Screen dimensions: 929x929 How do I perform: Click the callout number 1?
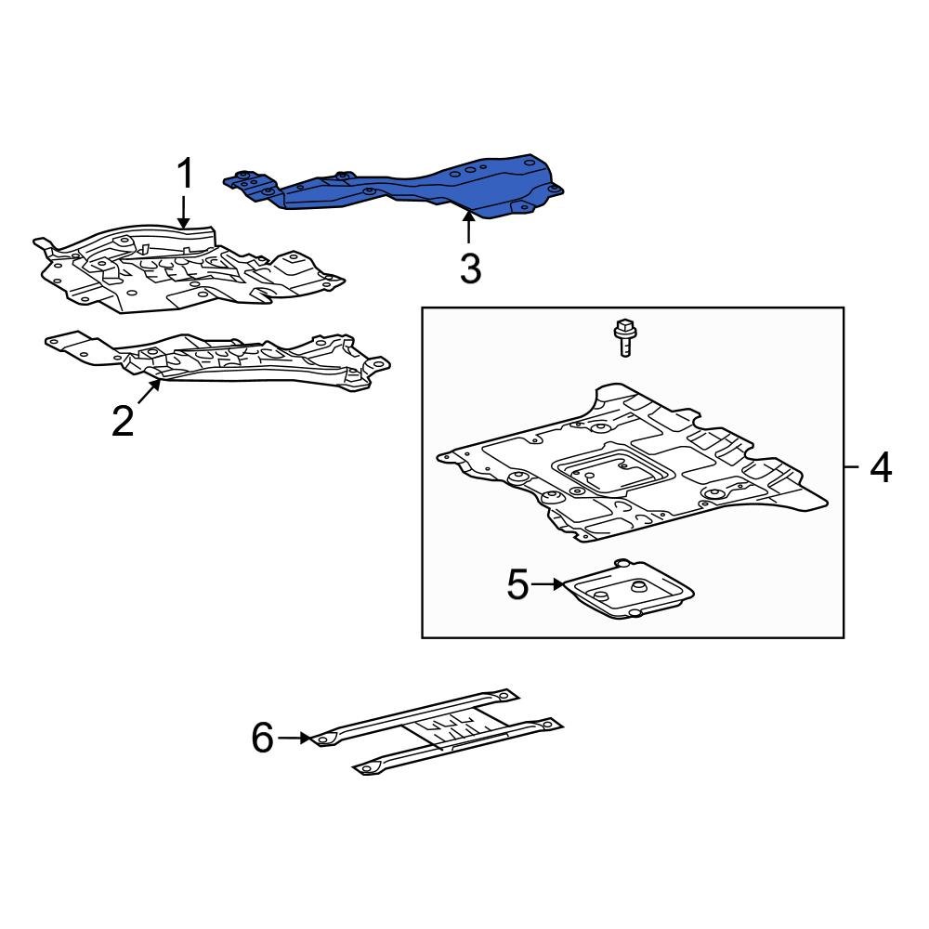click(x=185, y=175)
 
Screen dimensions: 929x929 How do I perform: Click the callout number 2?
click(x=123, y=421)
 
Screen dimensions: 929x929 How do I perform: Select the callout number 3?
click(x=470, y=269)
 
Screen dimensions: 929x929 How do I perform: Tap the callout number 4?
click(x=880, y=467)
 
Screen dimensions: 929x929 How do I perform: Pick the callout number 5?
click(x=517, y=585)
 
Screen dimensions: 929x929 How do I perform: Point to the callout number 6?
click(x=263, y=739)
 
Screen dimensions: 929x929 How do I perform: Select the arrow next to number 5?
click(x=548, y=584)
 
